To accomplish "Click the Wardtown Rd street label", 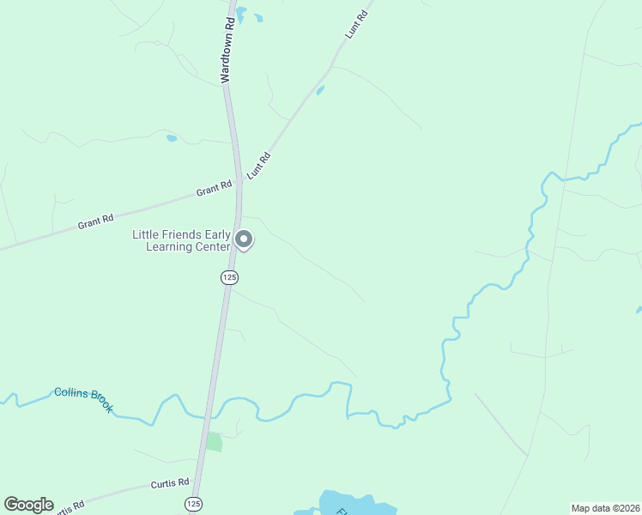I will click(227, 48).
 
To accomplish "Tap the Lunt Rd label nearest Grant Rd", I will click(259, 165).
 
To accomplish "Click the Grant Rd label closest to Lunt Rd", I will click(214, 188).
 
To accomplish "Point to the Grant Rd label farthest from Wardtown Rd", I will click(95, 222).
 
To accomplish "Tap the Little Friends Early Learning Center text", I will click(181, 240).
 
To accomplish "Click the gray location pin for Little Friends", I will click(244, 239).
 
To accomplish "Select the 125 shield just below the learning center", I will click(228, 277).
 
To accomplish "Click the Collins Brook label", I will click(83, 399).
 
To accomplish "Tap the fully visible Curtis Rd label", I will click(169, 483).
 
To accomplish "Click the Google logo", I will click(28, 505).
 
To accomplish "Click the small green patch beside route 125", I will click(214, 442).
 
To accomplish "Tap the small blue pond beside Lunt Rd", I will click(320, 90).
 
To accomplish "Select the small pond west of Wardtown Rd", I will click(172, 137).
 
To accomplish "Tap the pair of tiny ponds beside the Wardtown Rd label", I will click(249, 15).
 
